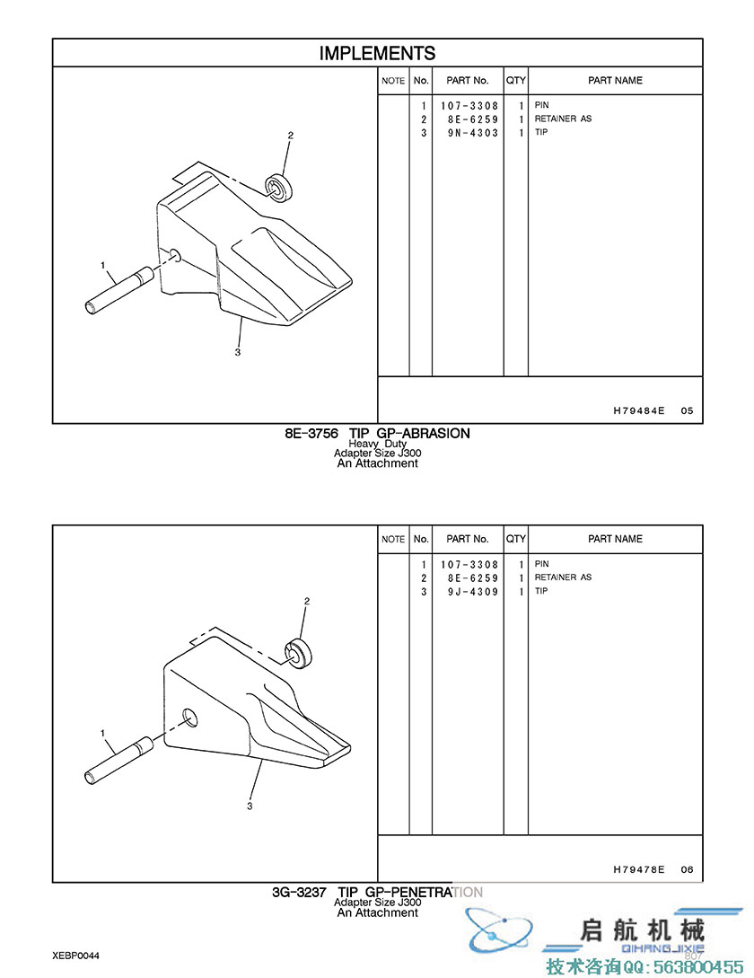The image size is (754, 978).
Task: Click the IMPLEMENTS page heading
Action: point(377,53)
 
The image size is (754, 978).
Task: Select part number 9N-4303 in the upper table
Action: point(473,133)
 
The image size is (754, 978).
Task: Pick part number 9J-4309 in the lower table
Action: point(473,591)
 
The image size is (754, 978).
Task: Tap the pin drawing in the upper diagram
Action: point(119,290)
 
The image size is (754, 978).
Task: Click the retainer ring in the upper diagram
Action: point(278,187)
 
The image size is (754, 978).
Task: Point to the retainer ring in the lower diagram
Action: point(299,653)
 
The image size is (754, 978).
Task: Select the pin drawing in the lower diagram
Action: point(119,760)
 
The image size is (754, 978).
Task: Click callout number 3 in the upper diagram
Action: point(238,352)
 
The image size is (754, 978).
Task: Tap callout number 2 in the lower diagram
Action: point(307,602)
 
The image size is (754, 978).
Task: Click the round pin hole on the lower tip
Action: point(190,718)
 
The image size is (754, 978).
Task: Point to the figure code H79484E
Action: point(638,410)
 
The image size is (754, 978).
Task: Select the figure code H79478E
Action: point(638,868)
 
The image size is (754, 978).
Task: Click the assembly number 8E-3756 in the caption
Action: point(311,434)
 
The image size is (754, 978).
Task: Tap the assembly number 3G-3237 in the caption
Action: point(299,893)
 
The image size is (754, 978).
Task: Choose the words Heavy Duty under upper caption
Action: point(377,444)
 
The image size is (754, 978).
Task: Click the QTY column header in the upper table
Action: point(516,81)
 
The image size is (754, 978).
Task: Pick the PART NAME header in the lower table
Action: point(615,539)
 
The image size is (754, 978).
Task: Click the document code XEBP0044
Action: point(75,956)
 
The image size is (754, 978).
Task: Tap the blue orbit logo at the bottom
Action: point(500,930)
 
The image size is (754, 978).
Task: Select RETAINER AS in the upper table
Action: point(563,119)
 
